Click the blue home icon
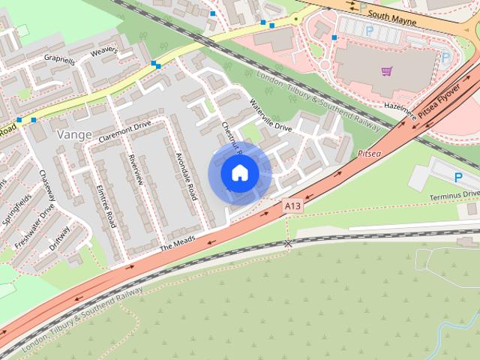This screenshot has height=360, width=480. coord(239,173)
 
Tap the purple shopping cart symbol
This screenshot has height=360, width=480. coord(386,71)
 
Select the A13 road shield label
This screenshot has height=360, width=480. coord(292,204)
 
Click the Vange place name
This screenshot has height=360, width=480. coord(74,135)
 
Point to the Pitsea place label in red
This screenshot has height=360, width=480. coord(370,153)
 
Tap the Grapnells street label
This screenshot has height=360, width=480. coord(59,60)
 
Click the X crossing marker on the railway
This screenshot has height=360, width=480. coord(288,244)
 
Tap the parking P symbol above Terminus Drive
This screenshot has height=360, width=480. coord(458,177)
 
